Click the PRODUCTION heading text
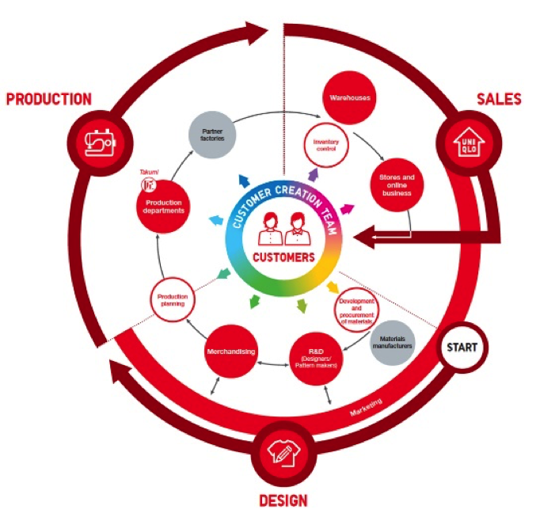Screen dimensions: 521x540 pyautogui.click(x=48, y=100)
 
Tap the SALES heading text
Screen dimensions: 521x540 pyautogui.click(x=498, y=99)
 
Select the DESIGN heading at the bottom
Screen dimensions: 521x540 pyautogui.click(x=283, y=500)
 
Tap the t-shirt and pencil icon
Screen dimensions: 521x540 pyautogui.click(x=283, y=452)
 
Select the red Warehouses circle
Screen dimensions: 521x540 pyautogui.click(x=346, y=98)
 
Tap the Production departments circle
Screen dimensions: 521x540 pyautogui.click(x=164, y=207)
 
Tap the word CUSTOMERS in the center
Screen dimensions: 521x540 pyautogui.click(x=283, y=257)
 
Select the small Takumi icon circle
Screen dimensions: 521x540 pyautogui.click(x=146, y=183)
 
